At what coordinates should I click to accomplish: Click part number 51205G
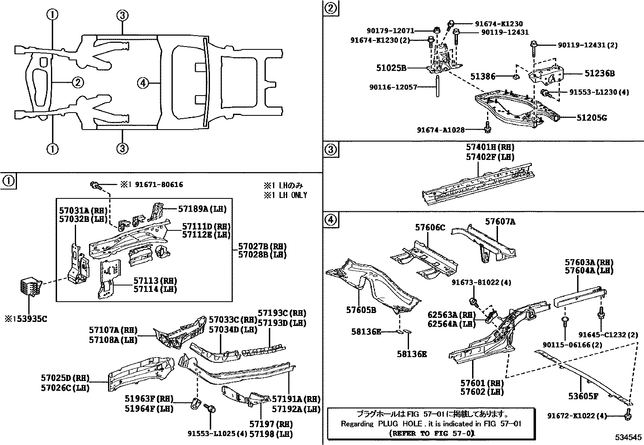click(591, 118)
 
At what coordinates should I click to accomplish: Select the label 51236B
click(600, 74)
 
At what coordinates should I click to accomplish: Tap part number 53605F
click(583, 396)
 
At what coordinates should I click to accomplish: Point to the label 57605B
click(361, 310)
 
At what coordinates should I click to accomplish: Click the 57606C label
click(430, 228)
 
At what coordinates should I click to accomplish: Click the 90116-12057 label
click(393, 87)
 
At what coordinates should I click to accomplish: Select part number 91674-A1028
click(441, 130)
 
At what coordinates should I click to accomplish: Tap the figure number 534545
click(629, 437)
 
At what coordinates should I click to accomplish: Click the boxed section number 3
click(330, 150)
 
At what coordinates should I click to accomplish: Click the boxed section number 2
click(330, 9)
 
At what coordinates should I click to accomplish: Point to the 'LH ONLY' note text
click(286, 195)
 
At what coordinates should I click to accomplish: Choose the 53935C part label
click(28, 319)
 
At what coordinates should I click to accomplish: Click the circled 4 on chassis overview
click(142, 83)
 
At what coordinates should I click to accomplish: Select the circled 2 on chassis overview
click(78, 83)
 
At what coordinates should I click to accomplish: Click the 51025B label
click(391, 68)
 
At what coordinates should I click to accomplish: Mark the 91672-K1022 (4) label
click(577, 416)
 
